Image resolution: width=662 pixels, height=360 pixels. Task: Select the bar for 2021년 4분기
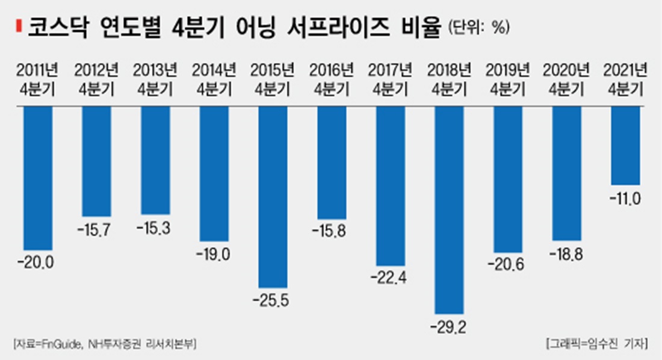coord(625,144)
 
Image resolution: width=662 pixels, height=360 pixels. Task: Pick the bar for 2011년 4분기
coord(38,178)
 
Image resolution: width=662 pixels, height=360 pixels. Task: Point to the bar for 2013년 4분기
coord(155,160)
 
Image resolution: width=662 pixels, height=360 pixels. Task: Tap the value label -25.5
coord(273,300)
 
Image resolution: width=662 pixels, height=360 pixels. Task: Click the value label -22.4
coord(391,279)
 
